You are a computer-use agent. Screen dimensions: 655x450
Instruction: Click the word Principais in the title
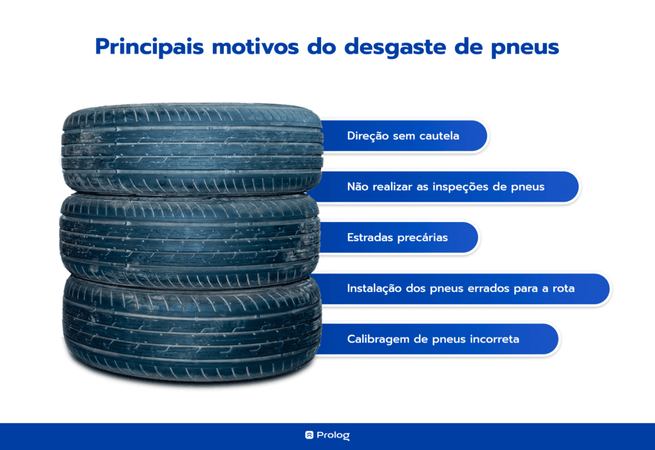[x=150, y=47]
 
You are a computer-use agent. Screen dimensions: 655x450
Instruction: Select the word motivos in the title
[x=255, y=47]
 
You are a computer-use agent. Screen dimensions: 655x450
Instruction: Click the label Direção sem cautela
[x=403, y=136]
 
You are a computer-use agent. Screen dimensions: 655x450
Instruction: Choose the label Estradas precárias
[x=397, y=237]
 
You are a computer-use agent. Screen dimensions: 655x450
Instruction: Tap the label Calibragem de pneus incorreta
[x=433, y=339]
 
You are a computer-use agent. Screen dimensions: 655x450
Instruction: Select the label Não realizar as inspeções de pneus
[x=446, y=186]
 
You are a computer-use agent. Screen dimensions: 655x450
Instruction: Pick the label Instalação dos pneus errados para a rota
[x=461, y=289]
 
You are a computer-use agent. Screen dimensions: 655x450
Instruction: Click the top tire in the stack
[x=192, y=149]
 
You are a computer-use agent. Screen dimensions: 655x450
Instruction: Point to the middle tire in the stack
[x=190, y=241]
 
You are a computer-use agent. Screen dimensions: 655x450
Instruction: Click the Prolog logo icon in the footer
[x=309, y=435]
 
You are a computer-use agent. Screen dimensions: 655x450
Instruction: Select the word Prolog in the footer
[x=333, y=435]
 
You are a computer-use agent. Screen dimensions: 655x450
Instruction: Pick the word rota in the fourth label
[x=564, y=289]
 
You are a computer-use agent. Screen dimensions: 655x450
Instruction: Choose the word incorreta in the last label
[x=494, y=339]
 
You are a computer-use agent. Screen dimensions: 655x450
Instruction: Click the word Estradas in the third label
[x=370, y=237]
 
